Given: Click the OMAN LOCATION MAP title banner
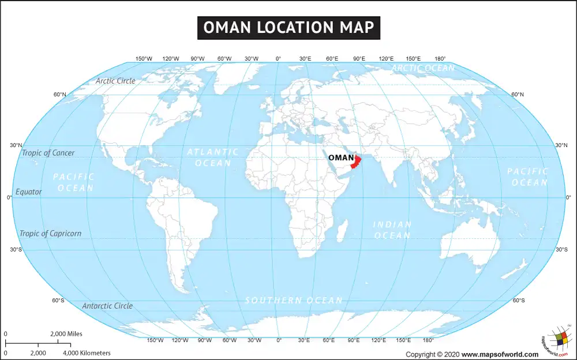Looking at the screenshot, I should point(288,27).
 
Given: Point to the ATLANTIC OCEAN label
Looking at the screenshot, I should point(209,157).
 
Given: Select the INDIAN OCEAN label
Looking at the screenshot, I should point(392,230).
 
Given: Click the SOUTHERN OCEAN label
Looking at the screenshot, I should point(294,300).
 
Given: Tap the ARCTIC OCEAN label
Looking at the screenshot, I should point(423,68).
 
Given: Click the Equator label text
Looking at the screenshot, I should point(29,192).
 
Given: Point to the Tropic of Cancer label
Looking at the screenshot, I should point(48,153).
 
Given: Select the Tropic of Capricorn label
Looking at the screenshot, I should point(51,234).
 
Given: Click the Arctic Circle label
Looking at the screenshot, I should point(115,81).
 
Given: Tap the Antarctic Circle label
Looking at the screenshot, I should point(107,306).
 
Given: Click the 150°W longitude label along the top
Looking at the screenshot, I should point(144,59).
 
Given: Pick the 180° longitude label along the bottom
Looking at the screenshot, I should point(428,340).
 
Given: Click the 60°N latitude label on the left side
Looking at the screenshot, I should point(60,94).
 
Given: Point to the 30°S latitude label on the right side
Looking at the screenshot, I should point(561,250).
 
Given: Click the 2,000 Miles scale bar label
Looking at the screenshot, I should point(66,334).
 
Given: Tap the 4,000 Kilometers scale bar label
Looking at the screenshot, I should point(87,352).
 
